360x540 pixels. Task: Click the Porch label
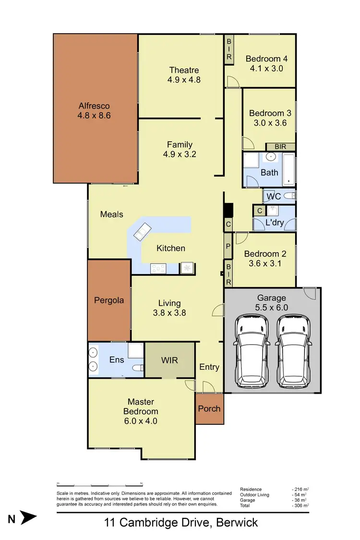[x=209, y=408]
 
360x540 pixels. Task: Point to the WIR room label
[x=169, y=360]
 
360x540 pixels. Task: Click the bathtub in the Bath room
[x=288, y=169]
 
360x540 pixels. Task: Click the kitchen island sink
[x=142, y=232]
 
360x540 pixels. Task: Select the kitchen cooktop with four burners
[x=158, y=268]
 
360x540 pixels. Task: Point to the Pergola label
[x=109, y=300]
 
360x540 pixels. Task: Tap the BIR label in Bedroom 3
[x=280, y=147]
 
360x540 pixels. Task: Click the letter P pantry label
[x=228, y=246]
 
